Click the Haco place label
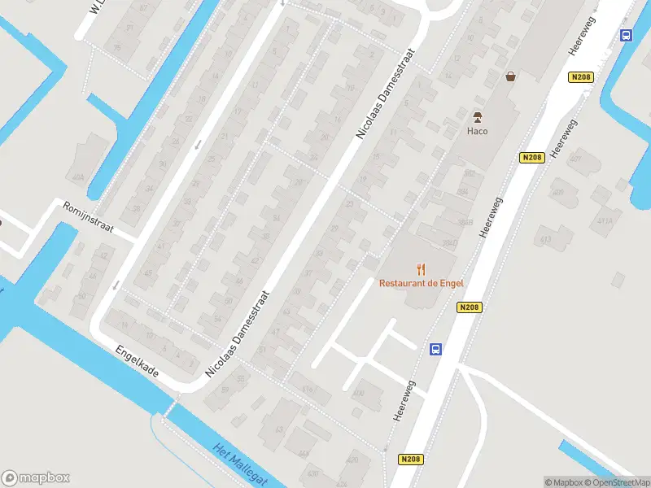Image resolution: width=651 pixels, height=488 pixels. (477, 131)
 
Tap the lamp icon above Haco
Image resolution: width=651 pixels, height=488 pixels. (478, 115)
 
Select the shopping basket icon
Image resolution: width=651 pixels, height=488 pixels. (510, 76)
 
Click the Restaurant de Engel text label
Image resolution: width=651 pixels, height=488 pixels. (420, 283)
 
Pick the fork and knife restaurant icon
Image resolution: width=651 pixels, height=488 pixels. (421, 268)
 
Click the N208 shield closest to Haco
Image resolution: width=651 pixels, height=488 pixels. (531, 157)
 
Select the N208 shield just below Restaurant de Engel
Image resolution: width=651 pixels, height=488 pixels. (470, 307)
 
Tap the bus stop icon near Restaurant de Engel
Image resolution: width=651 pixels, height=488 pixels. (436, 349)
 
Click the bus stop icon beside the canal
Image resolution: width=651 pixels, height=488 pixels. (626, 35)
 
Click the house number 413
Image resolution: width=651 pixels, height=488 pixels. (544, 239)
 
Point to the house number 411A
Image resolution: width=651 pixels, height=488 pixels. (604, 220)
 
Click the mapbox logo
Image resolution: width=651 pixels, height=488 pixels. (36, 478)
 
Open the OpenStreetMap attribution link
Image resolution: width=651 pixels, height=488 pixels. (618, 482)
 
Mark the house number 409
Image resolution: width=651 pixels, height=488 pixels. (557, 193)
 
